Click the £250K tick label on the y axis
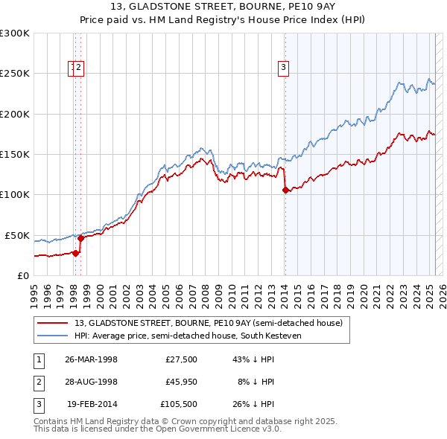point(15,74)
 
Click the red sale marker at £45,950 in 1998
point(80,238)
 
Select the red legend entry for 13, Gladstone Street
point(209,323)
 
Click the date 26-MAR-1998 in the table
point(92,359)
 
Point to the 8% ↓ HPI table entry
point(256,382)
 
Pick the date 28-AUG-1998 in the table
point(92,382)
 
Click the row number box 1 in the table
point(39,359)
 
